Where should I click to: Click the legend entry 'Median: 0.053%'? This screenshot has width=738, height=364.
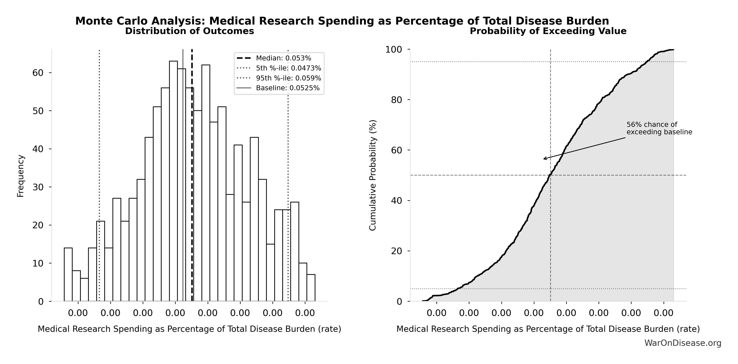pyautogui.click(x=283, y=58)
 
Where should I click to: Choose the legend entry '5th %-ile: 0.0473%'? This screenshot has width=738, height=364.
pyautogui.click(x=288, y=68)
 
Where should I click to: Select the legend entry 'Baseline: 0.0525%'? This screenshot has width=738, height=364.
pyautogui.click(x=287, y=88)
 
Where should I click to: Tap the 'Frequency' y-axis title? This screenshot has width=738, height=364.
pyautogui.click(x=21, y=176)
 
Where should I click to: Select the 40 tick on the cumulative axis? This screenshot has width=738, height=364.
pyautogui.click(x=397, y=200)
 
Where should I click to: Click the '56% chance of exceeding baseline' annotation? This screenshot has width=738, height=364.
pyautogui.click(x=659, y=128)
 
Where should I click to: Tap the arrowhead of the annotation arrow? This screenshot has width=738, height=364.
pyautogui.click(x=544, y=159)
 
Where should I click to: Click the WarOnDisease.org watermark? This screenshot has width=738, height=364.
pyautogui.click(x=683, y=343)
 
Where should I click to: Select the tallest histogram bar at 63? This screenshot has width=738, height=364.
pyautogui.click(x=173, y=180)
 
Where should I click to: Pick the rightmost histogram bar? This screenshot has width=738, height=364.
pyautogui.click(x=311, y=288)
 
